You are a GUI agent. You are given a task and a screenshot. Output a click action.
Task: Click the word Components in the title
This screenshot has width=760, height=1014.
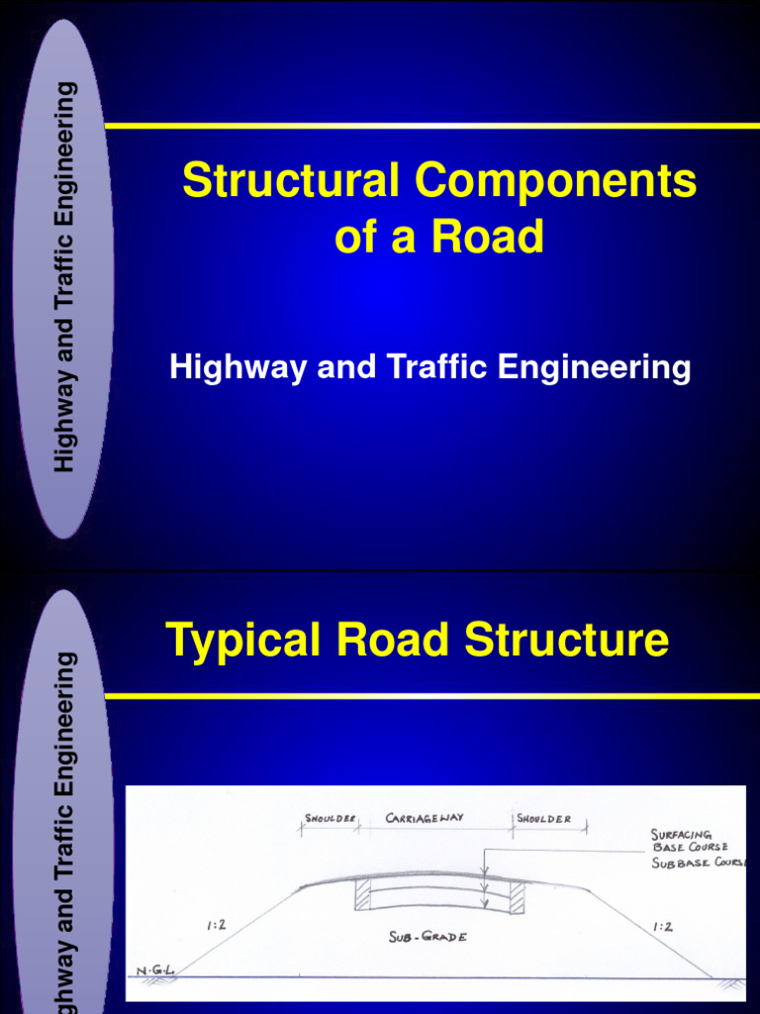click(x=555, y=182)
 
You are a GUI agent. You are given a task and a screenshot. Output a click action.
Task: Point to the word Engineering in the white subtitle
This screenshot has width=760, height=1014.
click(x=594, y=367)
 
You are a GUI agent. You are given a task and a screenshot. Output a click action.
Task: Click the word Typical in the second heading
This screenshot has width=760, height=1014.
click(x=243, y=640)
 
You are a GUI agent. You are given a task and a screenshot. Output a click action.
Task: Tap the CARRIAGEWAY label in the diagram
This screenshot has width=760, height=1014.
click(x=425, y=819)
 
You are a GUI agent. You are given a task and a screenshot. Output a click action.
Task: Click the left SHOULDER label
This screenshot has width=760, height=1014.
click(x=331, y=819)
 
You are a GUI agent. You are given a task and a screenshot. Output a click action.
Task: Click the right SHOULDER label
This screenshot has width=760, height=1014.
click(x=543, y=819)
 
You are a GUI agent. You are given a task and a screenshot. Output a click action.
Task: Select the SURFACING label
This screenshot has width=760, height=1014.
click(x=682, y=835)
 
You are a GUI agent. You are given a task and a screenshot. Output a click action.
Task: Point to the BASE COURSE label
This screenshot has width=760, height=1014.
click(x=690, y=848)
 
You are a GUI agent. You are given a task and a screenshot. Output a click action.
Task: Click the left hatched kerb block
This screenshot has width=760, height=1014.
click(x=362, y=894)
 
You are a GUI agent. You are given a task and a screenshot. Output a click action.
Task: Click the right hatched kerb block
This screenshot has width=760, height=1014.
click(x=517, y=896)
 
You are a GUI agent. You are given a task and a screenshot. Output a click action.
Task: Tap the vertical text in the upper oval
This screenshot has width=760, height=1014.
click(x=64, y=277)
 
